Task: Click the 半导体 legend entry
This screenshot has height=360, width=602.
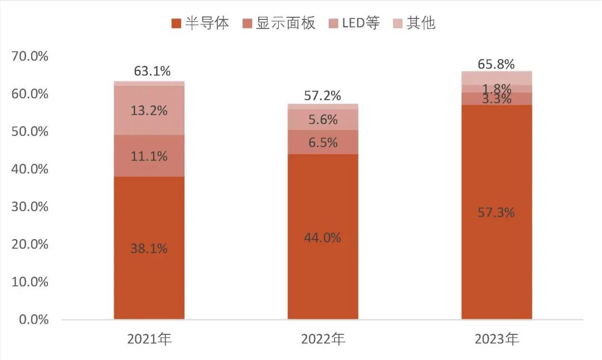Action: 200,23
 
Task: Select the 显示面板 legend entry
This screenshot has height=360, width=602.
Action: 279,23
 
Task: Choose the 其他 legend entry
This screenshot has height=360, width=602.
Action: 415,23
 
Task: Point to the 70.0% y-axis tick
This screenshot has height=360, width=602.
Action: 30,56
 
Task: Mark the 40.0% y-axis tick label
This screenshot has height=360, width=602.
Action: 30,169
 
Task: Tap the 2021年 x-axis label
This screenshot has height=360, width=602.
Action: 149,339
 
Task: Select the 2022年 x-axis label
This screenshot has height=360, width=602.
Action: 323,339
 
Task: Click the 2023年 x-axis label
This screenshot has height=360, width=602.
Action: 496,339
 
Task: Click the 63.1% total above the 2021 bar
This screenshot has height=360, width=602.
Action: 152,71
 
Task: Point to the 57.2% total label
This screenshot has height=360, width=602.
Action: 323,96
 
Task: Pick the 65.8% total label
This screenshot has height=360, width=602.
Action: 496,64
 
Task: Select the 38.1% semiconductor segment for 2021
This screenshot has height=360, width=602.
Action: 149,249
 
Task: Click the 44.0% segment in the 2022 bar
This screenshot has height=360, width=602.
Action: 323,237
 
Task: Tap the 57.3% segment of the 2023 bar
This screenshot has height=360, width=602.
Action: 496,212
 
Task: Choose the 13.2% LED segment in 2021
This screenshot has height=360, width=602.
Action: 149,110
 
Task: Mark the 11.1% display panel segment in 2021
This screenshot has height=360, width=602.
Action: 149,156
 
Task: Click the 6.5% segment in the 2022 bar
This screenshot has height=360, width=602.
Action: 323,142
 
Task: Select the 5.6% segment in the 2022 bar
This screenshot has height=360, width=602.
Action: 323,119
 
